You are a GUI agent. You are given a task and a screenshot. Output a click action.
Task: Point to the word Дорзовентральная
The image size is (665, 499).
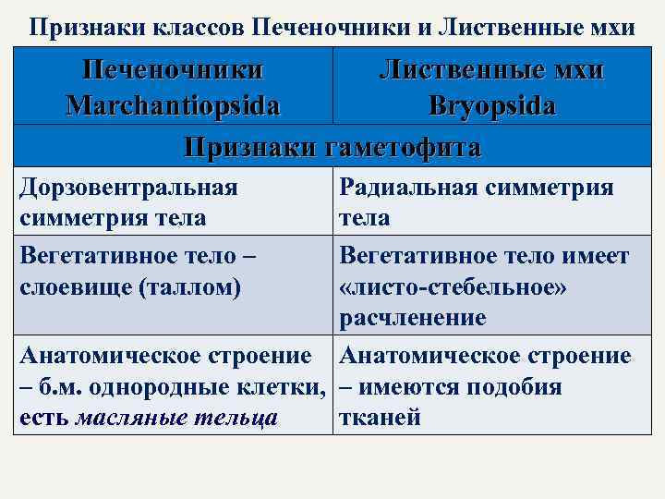pos(128,188)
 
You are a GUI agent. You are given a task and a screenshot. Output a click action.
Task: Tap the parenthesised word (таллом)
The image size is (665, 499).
pos(190,286)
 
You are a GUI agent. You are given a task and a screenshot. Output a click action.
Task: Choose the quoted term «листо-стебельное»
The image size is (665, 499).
pos(453,286)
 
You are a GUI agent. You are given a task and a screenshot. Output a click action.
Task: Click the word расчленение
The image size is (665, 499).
pos(412,319)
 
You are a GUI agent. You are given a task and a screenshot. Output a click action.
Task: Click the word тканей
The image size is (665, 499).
pos(381,418)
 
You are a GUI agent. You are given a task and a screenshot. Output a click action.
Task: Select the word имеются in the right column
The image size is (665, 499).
pos(405,386)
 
